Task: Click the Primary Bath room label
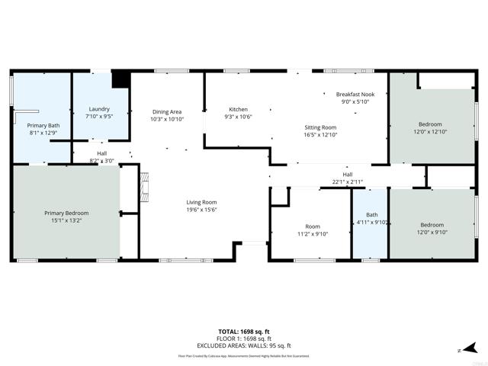tap(43, 125)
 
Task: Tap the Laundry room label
tap(99, 109)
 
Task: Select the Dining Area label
tap(166, 112)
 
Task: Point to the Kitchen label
tap(238, 109)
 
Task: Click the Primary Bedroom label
tap(66, 213)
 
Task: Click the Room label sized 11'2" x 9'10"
tap(313, 226)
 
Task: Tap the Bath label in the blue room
tap(372, 215)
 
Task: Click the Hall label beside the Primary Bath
tap(101, 153)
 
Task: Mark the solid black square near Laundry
tap(120, 80)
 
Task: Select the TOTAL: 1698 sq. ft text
tap(244, 331)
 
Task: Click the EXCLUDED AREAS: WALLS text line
tap(244, 345)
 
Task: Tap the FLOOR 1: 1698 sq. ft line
tap(244, 338)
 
